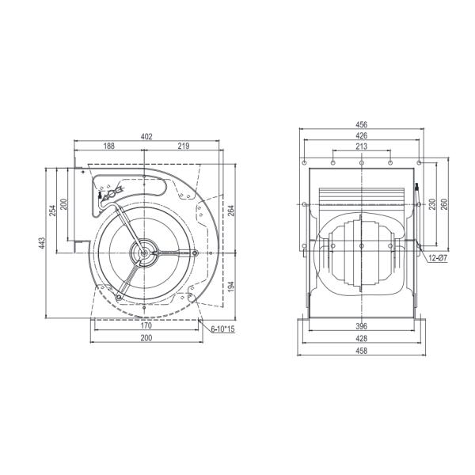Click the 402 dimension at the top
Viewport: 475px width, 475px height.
pyautogui.click(x=146, y=136)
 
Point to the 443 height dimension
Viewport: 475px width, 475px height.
pyautogui.click(x=42, y=243)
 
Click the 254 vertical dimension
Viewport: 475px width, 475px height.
pyautogui.click(x=54, y=210)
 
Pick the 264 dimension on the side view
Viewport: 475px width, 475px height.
pyautogui.click(x=231, y=211)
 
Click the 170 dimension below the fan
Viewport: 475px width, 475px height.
pyautogui.click(x=146, y=325)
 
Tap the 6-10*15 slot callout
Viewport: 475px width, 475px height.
pyautogui.click(x=223, y=329)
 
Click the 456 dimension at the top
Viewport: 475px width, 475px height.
pyautogui.click(x=361, y=124)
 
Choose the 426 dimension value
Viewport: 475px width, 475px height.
pyautogui.click(x=361, y=135)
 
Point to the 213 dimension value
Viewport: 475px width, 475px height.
pyautogui.click(x=361, y=146)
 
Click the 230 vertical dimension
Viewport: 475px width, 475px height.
pyautogui.click(x=431, y=203)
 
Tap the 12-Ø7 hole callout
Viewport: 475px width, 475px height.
pyautogui.click(x=437, y=258)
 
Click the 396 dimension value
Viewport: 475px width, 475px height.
pyautogui.click(x=361, y=325)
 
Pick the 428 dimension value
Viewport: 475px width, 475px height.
pyautogui.click(x=361, y=337)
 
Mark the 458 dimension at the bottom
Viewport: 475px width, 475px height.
pyautogui.click(x=361, y=349)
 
